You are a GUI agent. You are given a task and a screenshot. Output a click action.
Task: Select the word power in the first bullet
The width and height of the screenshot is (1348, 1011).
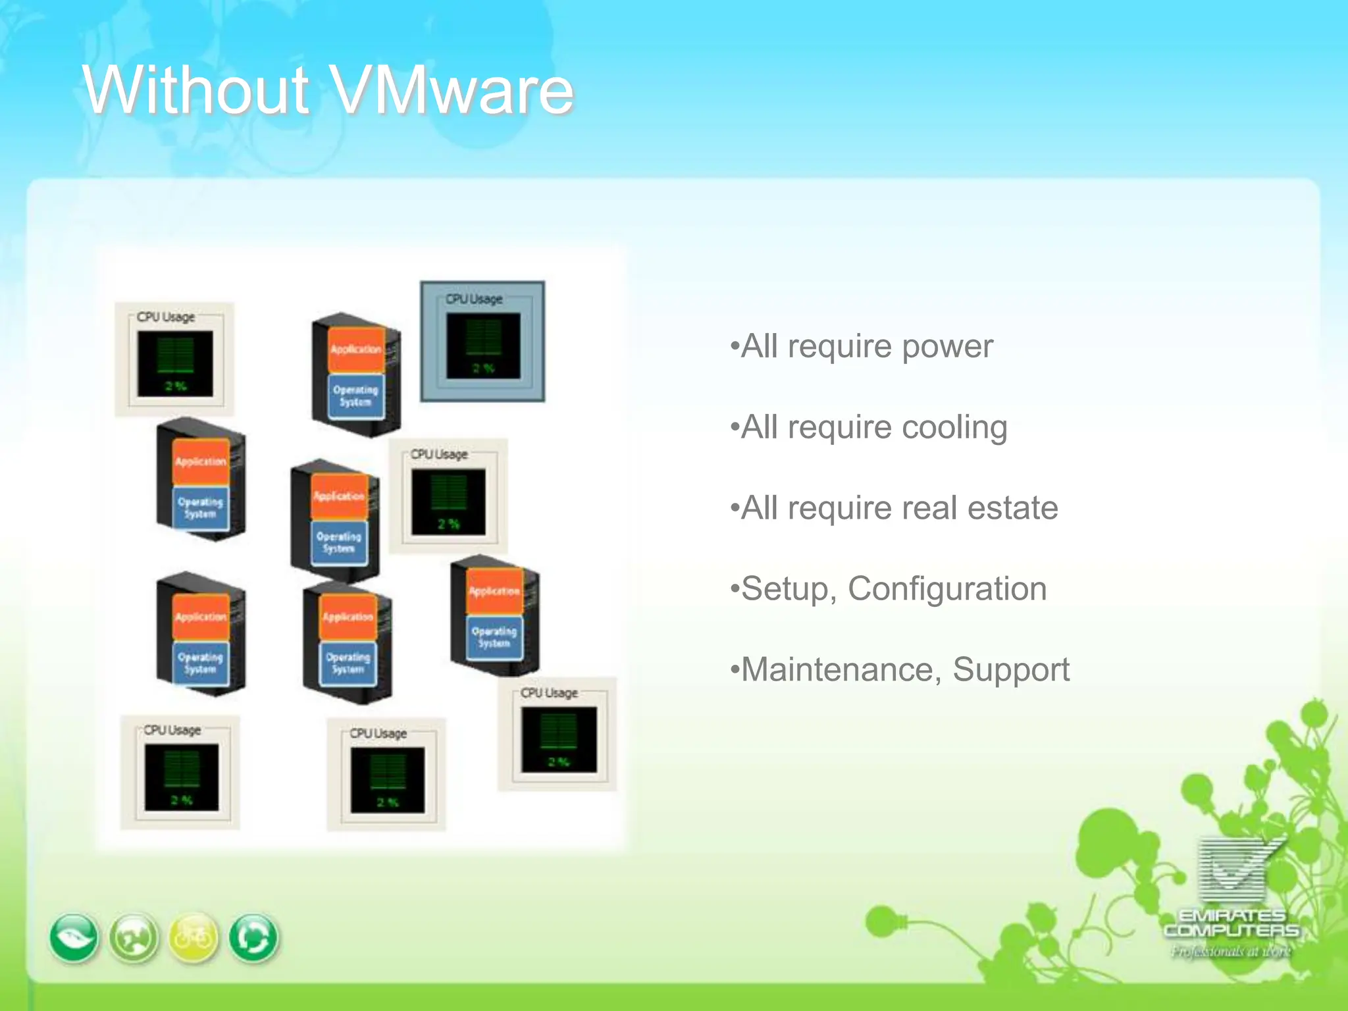[x=947, y=347]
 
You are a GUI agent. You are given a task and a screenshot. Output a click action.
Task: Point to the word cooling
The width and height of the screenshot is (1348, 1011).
[x=954, y=428]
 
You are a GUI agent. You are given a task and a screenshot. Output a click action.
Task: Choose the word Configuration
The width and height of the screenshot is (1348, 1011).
[x=947, y=589]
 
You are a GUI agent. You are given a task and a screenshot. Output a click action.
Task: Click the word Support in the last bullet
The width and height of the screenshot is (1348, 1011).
[x=1011, y=670]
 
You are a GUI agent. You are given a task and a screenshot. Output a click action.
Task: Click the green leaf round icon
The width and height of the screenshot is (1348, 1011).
[x=74, y=938]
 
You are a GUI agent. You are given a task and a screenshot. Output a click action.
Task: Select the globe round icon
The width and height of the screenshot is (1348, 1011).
[x=134, y=938]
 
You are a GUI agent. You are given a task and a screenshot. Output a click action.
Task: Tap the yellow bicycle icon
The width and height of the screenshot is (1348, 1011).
[x=194, y=938]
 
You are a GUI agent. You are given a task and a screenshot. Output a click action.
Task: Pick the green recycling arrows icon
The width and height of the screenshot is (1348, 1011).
[x=253, y=938]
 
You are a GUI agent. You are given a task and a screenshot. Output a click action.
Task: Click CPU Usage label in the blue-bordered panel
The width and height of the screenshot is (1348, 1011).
[x=474, y=299]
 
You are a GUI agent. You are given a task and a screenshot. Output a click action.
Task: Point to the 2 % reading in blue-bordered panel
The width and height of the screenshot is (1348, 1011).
[x=484, y=369]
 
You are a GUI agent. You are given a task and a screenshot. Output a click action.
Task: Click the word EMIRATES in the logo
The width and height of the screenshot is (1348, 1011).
[x=1231, y=916]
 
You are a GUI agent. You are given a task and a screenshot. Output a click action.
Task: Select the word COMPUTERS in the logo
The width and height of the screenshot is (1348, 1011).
[x=1231, y=931]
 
